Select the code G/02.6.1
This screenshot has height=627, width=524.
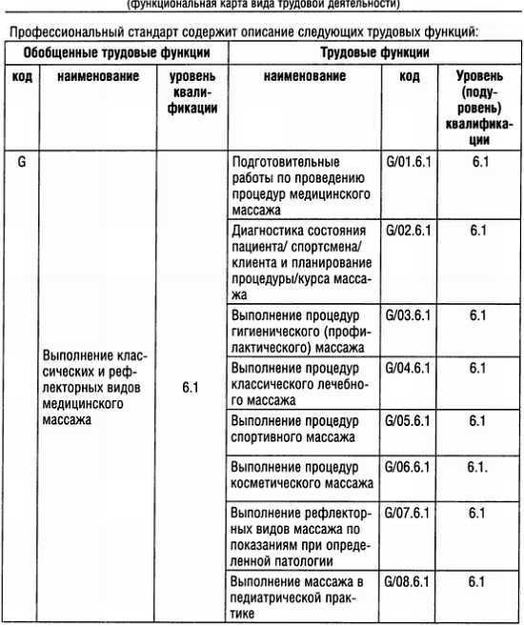408,230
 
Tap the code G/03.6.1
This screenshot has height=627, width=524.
408,314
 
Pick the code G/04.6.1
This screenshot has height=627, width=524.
408,367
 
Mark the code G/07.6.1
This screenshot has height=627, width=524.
408,513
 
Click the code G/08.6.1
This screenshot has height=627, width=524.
408,579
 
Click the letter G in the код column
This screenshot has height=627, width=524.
21,161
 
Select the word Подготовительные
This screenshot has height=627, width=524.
285,162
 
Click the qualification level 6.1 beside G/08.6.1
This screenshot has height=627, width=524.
478,579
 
